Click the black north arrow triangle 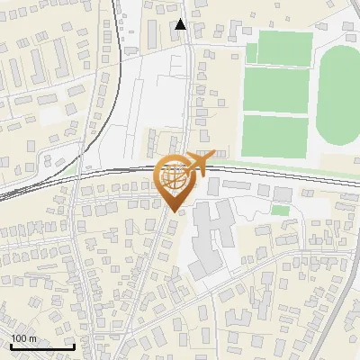(x=181, y=24)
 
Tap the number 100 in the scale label (x=18, y=338)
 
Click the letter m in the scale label (x=32, y=338)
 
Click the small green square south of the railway (x=281, y=211)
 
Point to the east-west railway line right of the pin (x=288, y=172)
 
